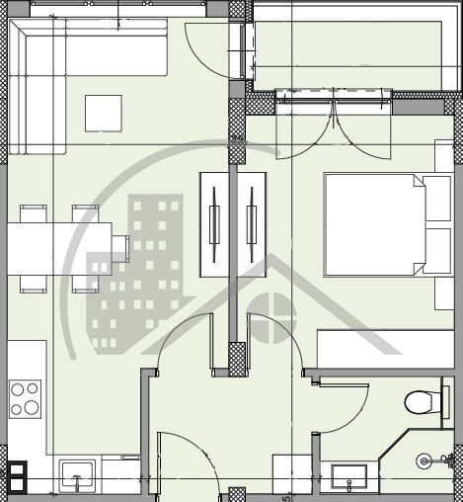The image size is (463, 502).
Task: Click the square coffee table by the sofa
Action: pos(104,113)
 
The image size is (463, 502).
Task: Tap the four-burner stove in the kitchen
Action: pos(26,399)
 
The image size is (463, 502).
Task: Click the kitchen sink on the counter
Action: pos(76,475)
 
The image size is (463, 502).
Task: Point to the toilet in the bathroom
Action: pos(422,402)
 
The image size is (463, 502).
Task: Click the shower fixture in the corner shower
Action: pos(424,460)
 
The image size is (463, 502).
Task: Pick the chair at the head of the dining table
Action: pos(120,245)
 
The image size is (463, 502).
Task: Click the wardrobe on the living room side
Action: pos(214,224)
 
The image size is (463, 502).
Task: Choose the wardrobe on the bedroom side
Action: pos(253,224)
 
